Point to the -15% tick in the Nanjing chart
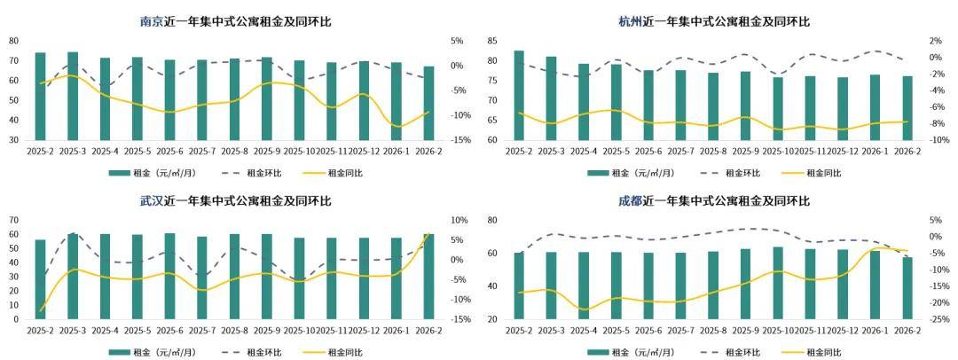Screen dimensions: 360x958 (x=458, y=140)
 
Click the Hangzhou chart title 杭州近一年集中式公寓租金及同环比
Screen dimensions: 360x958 (x=714, y=21)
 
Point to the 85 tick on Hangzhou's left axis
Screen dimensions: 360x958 (x=491, y=41)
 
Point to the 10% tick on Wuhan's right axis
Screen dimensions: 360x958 (x=459, y=220)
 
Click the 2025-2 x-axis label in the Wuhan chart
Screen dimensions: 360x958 (x=40, y=331)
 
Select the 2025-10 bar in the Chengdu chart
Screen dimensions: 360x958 (x=778, y=283)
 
